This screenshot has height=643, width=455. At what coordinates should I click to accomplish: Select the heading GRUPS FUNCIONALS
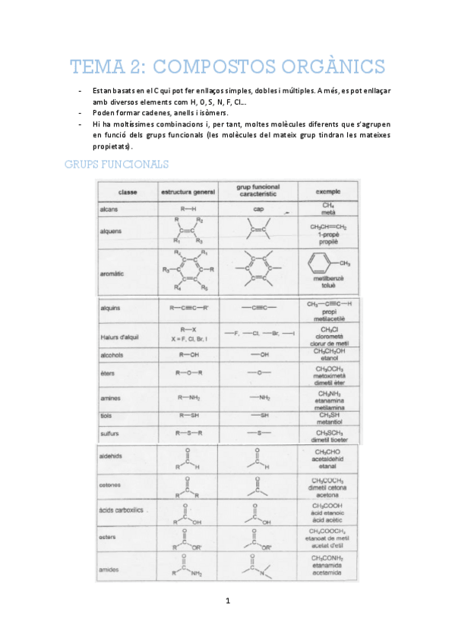pos(117,165)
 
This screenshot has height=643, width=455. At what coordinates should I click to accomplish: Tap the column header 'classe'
pos(128,193)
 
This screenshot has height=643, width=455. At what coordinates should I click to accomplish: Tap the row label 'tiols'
pos(106,416)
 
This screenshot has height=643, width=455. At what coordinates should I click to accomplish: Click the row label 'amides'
pos(109,569)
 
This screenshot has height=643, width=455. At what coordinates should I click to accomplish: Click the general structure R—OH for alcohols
pos(188,354)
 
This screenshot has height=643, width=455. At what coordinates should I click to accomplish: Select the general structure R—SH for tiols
pos(188,416)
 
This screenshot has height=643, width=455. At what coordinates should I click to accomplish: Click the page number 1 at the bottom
pos(227,601)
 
